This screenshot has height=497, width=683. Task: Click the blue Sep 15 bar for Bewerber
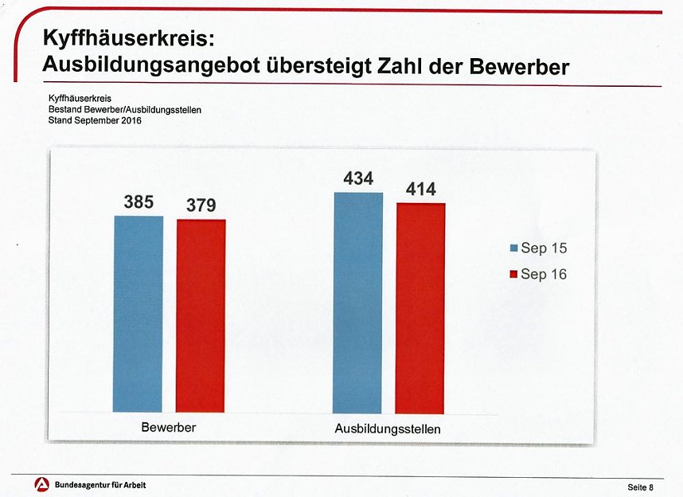(x=138, y=314)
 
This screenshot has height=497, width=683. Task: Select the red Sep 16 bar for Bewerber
(x=201, y=315)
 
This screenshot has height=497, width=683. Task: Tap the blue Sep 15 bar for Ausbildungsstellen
(x=358, y=303)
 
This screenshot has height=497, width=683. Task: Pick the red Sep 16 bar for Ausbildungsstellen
(x=420, y=307)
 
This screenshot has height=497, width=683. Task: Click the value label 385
(x=139, y=202)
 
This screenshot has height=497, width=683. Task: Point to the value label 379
(x=201, y=206)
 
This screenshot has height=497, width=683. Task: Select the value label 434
(x=358, y=179)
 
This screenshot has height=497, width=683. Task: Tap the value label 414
(x=420, y=190)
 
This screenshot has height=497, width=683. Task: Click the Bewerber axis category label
(x=169, y=428)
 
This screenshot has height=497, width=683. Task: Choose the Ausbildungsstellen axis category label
(x=388, y=429)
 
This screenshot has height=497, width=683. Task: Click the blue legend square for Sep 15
(x=514, y=248)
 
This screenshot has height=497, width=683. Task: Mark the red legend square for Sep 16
(x=514, y=274)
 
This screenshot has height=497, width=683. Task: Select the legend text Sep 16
(x=544, y=274)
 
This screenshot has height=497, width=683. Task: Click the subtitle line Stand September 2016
(x=95, y=120)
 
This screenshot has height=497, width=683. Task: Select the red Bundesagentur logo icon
(x=41, y=484)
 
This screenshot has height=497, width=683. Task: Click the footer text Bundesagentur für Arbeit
(x=100, y=485)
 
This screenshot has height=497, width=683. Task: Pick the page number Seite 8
(x=639, y=487)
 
